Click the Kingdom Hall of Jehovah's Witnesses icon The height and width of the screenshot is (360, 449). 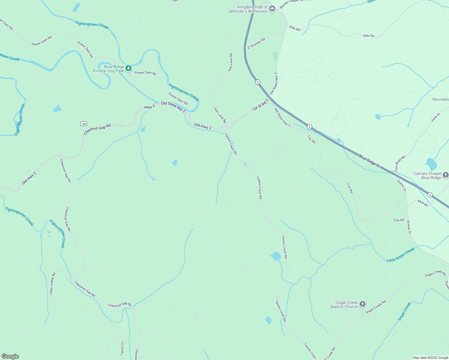coord(272,9)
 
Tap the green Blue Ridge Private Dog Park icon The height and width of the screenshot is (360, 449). coord(128,68)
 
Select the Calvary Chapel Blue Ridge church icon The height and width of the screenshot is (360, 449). coord(445,175)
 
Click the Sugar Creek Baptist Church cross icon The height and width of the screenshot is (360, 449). coord(363,304)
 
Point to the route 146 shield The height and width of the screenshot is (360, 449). coord(83,124)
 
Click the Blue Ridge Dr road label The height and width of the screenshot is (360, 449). coord(369,161)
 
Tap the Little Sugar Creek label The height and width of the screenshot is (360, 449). coord(400,255)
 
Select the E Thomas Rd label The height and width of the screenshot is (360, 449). coord(256,43)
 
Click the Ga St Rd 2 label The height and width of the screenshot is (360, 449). coord(260,104)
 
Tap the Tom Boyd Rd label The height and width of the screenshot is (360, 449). coord(400,163)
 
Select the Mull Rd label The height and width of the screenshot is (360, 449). coord(423,203)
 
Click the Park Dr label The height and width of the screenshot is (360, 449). coord(435,117)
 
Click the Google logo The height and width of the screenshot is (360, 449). coord(10,356)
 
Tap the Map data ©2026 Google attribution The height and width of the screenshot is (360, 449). coord(430,358)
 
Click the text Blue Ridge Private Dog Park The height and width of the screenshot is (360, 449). coord(109,69)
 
